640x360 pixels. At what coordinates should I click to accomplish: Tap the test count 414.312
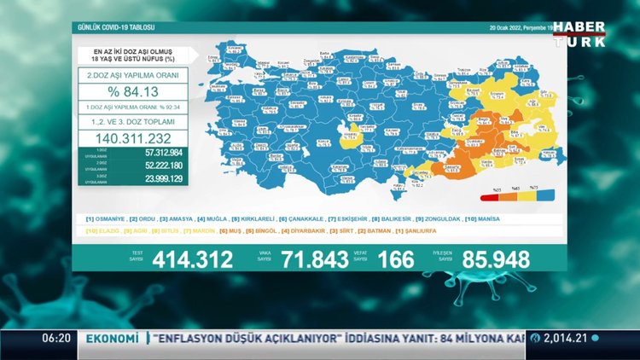pyautogui.click(x=192, y=259)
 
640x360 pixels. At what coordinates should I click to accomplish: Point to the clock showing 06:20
pyautogui.click(x=56, y=339)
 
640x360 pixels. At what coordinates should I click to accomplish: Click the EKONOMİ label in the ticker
pyautogui.click(x=109, y=339)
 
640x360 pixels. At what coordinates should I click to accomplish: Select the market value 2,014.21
pyautogui.click(x=565, y=339)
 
